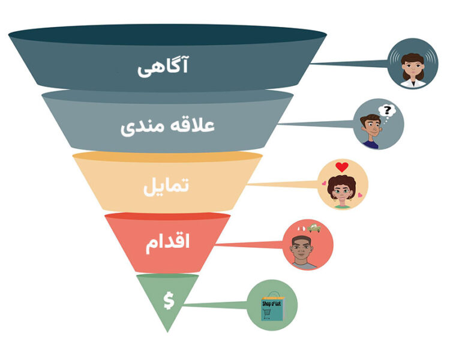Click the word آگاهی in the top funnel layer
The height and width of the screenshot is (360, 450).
tap(163, 67)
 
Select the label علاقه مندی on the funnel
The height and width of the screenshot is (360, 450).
tap(167, 127)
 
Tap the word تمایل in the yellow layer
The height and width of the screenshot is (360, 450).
tap(166, 187)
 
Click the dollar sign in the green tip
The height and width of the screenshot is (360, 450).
tap(169, 301)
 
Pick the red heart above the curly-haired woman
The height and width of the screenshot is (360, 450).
tap(342, 167)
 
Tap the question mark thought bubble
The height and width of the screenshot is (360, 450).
tap(386, 111)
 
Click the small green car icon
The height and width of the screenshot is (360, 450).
tap(314, 228)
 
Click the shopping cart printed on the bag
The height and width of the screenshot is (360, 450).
tap(266, 314)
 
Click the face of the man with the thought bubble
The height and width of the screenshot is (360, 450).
tap(372, 128)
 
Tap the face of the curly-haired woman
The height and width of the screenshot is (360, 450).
tap(341, 193)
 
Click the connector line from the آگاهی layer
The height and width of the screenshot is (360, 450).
tap(349, 63)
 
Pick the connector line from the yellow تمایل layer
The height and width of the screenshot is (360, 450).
tap(283, 184)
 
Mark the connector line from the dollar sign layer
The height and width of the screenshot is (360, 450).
tap(216, 304)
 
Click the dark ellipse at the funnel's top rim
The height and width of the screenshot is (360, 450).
tap(167, 35)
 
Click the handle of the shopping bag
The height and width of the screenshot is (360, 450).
tap(274, 295)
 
